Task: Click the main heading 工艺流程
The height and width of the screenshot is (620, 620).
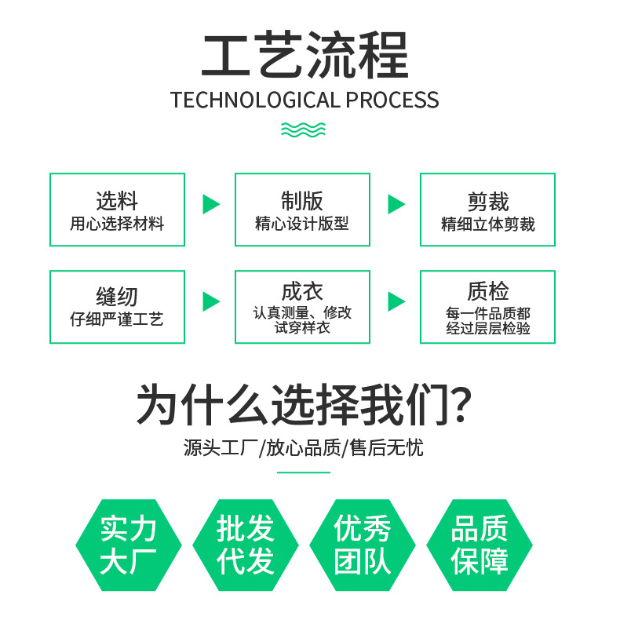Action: tap(305, 56)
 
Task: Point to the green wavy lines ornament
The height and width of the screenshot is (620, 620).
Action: tap(304, 129)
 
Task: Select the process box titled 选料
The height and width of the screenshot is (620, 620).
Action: tap(117, 210)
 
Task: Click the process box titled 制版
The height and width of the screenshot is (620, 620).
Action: tap(302, 210)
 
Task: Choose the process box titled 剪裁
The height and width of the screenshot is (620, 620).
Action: tap(487, 210)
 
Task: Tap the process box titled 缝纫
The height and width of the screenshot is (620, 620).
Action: tap(117, 307)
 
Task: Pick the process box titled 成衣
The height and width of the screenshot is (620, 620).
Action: tap(302, 307)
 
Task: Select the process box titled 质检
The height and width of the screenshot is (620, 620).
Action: tap(487, 307)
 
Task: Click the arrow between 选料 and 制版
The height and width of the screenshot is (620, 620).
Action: tap(210, 205)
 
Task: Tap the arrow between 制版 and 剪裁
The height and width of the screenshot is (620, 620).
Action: tap(396, 205)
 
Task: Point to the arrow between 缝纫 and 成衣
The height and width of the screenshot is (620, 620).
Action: tap(210, 301)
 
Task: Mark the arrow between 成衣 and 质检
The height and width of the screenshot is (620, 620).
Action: tap(396, 301)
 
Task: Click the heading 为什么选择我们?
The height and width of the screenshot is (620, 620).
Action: tap(304, 405)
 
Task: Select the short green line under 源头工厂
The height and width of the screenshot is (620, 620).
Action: tap(304, 472)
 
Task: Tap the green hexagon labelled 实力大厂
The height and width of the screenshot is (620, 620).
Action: tap(129, 545)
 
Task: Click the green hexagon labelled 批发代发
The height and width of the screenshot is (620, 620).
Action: tap(246, 545)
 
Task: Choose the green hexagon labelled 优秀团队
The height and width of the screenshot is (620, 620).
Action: tap(363, 545)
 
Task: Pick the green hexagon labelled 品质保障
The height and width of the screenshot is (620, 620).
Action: tap(480, 545)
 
